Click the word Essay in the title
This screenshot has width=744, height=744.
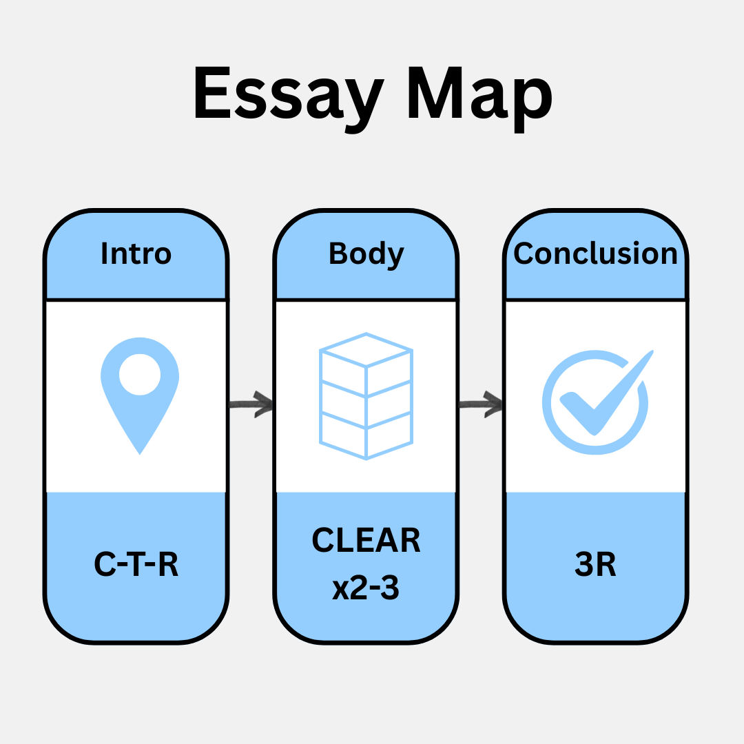tap(290, 96)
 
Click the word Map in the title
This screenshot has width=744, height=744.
tap(479, 96)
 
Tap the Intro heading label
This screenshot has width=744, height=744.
tap(136, 254)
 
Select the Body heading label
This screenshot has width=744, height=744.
tap(366, 254)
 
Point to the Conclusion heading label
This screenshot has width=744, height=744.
tap(596, 254)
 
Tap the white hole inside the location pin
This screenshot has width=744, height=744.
tap(140, 375)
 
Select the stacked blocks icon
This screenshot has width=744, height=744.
tap(366, 396)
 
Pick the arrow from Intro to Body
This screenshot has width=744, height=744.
tap(251, 404)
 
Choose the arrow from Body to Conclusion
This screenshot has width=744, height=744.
tap(482, 404)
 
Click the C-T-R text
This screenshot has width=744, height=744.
tap(136, 565)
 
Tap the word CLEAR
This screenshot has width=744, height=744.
tap(366, 541)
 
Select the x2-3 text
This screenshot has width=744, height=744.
tap(366, 589)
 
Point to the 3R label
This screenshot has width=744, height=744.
tap(595, 565)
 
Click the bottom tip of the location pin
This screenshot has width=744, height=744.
tap(140, 451)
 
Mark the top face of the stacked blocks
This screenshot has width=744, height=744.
tap(366, 350)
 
